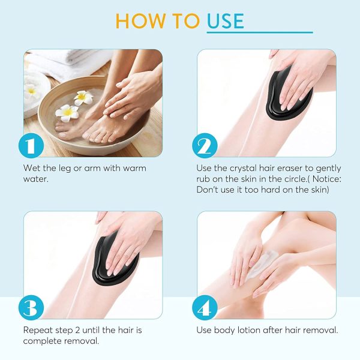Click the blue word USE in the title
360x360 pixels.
pos(226,20)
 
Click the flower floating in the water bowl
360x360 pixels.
pos(67,112)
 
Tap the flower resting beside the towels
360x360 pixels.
pos(32,91)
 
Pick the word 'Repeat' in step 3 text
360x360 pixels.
pos(37,330)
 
